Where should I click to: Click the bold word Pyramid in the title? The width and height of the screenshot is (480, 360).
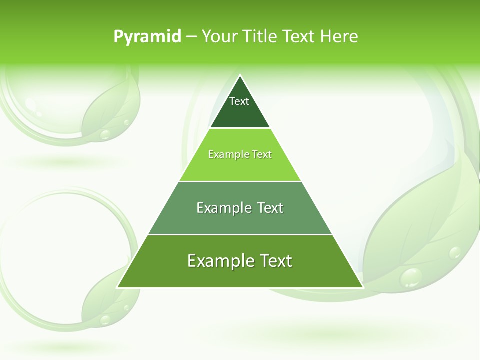[x=147, y=36]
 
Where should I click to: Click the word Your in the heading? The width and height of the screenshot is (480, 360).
[x=219, y=36]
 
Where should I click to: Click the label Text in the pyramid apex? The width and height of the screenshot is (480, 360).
[x=239, y=101]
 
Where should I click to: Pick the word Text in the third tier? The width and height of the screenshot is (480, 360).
[x=267, y=208]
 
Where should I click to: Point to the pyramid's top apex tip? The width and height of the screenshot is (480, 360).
[x=240, y=76]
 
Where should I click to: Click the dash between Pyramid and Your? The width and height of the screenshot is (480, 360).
[x=191, y=36]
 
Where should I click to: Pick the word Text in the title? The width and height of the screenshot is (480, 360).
[x=299, y=36]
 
